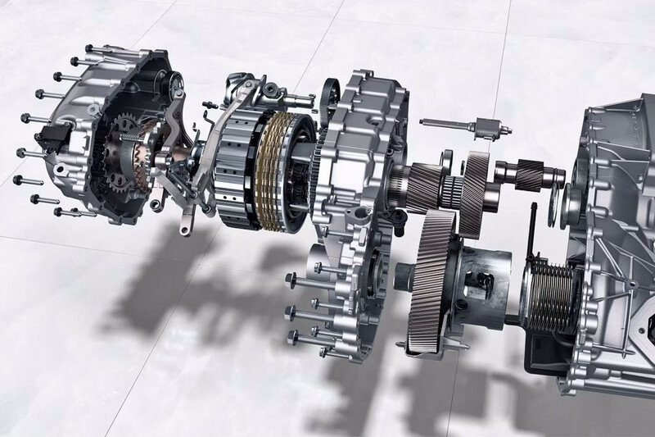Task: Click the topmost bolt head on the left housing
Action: point(89,48)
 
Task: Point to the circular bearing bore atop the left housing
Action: point(175,82)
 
